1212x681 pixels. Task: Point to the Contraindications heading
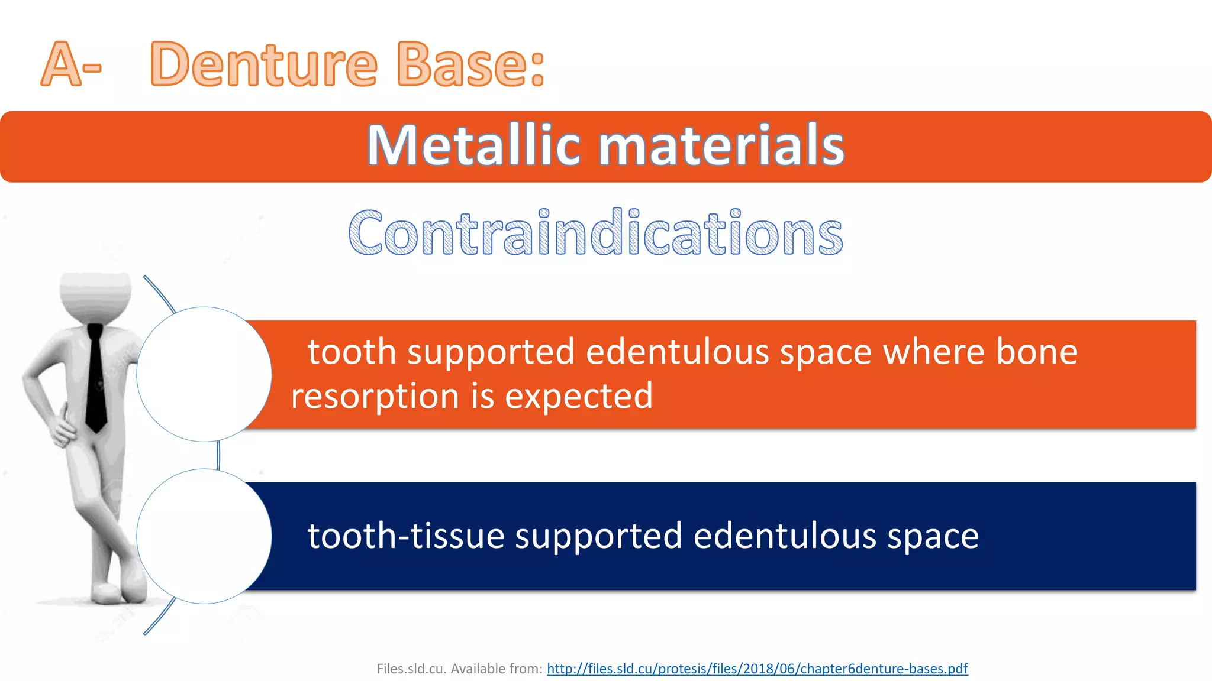coord(595,234)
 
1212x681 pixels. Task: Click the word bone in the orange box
coord(1036,352)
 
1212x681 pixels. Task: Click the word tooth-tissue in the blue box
coord(405,536)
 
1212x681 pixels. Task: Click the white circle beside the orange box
coord(204,374)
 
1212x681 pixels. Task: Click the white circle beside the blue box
coord(204,536)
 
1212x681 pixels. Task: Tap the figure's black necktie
coord(96,378)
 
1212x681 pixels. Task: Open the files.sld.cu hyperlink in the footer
coord(757,669)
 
